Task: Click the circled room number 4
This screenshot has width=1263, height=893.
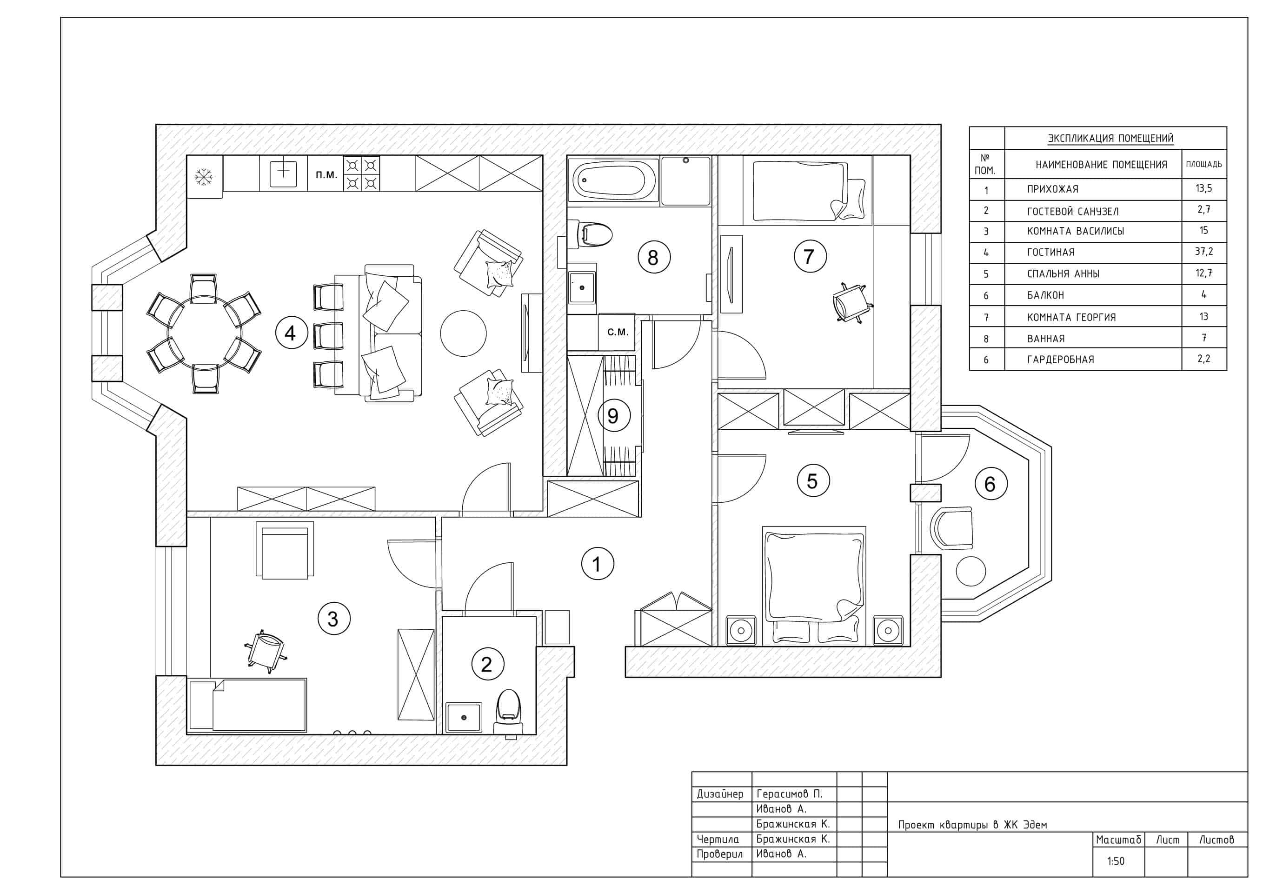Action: pyautogui.click(x=291, y=333)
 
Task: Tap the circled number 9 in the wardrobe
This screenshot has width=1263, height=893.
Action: pyautogui.click(x=613, y=415)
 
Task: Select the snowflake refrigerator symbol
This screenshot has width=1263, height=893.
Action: pyautogui.click(x=204, y=177)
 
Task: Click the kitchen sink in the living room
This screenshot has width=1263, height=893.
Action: pyautogui.click(x=283, y=172)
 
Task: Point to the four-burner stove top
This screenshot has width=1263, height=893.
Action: pyautogui.click(x=361, y=173)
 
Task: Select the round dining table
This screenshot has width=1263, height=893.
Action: pyautogui.click(x=205, y=334)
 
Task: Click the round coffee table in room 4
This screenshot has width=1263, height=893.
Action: pyautogui.click(x=463, y=333)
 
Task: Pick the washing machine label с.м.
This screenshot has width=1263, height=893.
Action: pyautogui.click(x=617, y=333)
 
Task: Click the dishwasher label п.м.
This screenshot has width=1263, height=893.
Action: pyautogui.click(x=326, y=175)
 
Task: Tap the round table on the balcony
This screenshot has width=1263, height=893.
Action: pyautogui.click(x=971, y=571)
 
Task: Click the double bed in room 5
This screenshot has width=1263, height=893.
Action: pyautogui.click(x=814, y=583)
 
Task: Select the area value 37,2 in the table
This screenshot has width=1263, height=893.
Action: pyautogui.click(x=1203, y=252)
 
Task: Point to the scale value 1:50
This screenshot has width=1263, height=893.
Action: pyautogui.click(x=1116, y=861)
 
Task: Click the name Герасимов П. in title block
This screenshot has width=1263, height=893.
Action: pyautogui.click(x=789, y=794)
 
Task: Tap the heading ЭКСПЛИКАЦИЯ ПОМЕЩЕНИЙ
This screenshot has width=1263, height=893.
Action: pyautogui.click(x=1110, y=138)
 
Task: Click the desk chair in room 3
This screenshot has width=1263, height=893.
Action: pyautogui.click(x=265, y=651)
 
